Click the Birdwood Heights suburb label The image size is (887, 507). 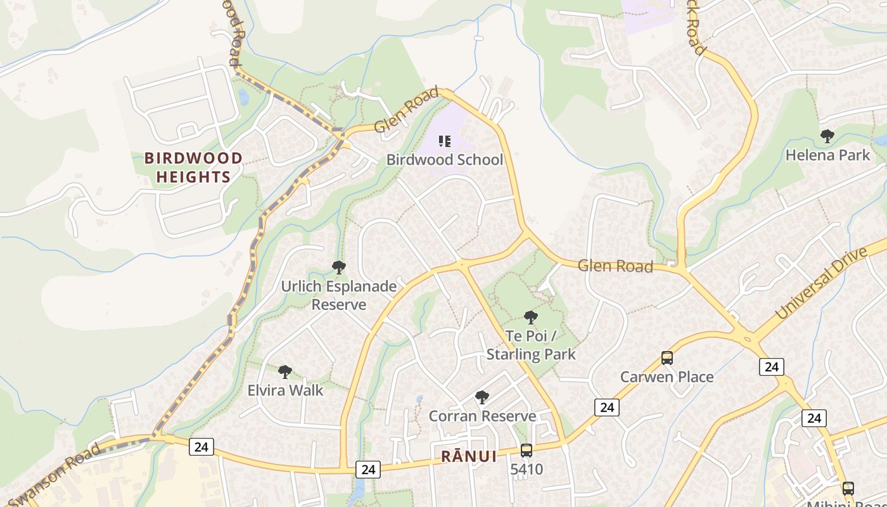(193, 167)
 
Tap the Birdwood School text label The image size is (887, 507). (445, 160)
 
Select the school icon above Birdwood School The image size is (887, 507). (445, 141)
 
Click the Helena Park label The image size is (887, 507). (827, 155)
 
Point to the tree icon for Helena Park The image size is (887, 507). (827, 136)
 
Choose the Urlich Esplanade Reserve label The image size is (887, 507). (339, 295)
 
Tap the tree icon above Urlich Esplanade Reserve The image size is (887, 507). (339, 267)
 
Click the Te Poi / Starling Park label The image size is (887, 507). (531, 345)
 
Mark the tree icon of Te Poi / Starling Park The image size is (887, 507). (531, 318)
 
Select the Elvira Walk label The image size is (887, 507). (285, 390)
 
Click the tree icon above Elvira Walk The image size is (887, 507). (285, 371)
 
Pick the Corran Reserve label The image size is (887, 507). (482, 416)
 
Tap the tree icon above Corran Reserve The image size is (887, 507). (482, 397)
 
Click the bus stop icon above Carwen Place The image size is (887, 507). (667, 358)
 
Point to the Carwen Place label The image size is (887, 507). (667, 377)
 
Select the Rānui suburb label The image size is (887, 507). (469, 456)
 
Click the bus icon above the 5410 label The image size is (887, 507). (526, 451)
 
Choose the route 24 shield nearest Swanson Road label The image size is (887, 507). (201, 447)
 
